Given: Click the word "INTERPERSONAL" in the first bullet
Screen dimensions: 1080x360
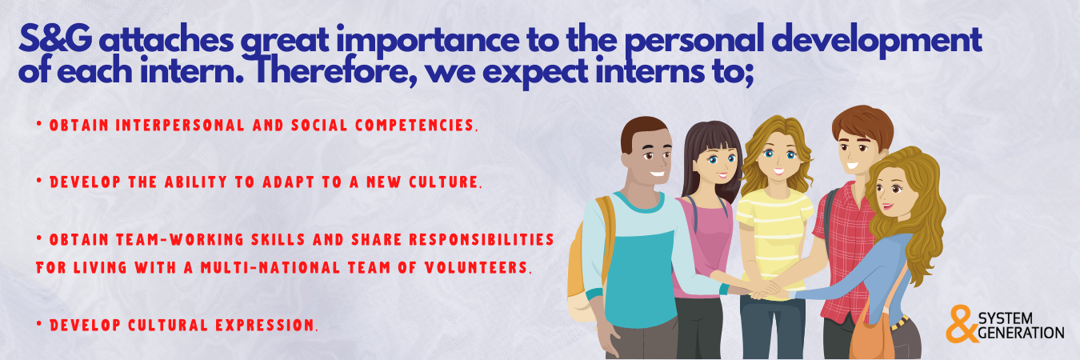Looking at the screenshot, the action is coord(180,126).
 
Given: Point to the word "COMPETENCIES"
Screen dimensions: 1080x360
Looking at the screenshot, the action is coord(417,126).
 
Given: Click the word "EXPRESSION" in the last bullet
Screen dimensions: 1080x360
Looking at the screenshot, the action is coord(266,326).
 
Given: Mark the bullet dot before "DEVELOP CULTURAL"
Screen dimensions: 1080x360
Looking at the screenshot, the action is coord(39,324).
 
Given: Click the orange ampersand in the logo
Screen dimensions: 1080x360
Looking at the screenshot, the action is coord(962,324).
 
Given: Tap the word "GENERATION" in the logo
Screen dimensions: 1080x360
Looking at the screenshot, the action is coord(1021,333).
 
